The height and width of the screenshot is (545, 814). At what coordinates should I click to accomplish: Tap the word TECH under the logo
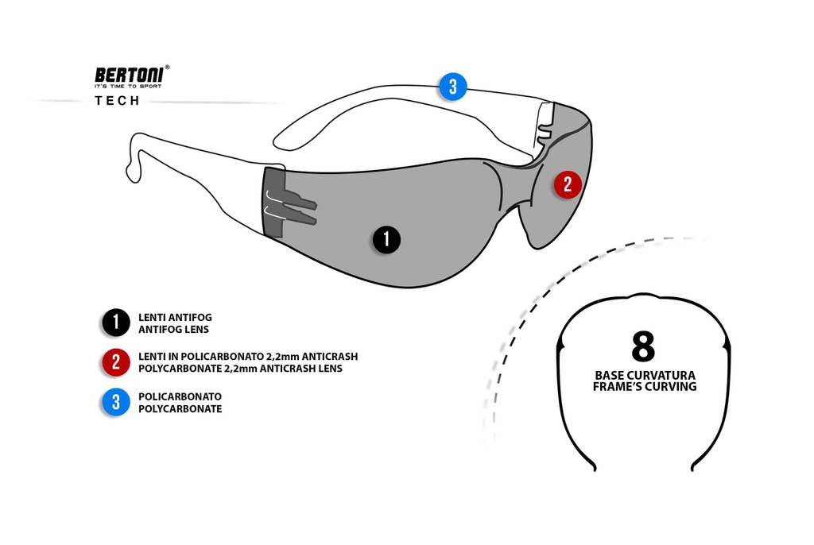pyautogui.click(x=117, y=101)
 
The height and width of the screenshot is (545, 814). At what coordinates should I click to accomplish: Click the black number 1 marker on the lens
pyautogui.click(x=386, y=239)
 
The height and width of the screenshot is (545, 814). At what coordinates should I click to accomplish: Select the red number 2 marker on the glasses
pyautogui.click(x=567, y=185)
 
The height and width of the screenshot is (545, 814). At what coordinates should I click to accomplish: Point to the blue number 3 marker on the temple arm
pyautogui.click(x=452, y=86)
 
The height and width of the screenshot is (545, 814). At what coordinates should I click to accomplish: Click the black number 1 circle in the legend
pyautogui.click(x=116, y=323)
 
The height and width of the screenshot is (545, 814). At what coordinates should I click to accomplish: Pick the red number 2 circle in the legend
pyautogui.click(x=116, y=362)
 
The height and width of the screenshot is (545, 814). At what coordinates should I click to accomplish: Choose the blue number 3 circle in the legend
pyautogui.click(x=116, y=402)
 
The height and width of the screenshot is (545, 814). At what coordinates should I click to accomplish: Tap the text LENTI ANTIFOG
pyautogui.click(x=175, y=317)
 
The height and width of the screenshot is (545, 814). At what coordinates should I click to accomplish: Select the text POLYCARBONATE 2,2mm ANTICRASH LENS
pyautogui.click(x=240, y=369)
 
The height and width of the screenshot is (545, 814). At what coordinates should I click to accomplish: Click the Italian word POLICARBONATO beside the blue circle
pyautogui.click(x=180, y=396)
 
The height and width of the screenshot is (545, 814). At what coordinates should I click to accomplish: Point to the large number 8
pyautogui.click(x=643, y=346)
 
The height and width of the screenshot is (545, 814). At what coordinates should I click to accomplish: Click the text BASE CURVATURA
pyautogui.click(x=645, y=375)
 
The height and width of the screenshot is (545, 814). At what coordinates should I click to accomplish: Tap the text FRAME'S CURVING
pyautogui.click(x=645, y=387)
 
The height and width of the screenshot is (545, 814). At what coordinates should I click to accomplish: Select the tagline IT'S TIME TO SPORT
pyautogui.click(x=127, y=86)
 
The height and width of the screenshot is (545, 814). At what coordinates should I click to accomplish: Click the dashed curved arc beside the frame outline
pyautogui.click(x=525, y=302)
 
